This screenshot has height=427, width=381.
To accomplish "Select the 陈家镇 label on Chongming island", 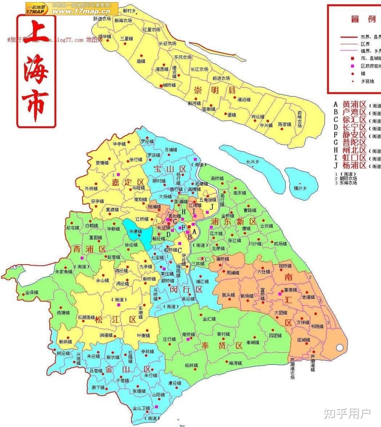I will pyautogui.click(x=284, y=125).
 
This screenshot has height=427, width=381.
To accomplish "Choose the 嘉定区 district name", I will pyautogui.click(x=122, y=182).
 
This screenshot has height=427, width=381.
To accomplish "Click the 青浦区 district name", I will pyautogui.click(x=89, y=249).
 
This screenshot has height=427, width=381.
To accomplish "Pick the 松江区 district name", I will pyautogui.click(x=116, y=319).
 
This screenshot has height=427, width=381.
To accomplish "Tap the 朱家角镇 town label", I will pyautogui.click(x=63, y=272).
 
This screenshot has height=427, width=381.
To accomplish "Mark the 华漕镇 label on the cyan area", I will pyautogui.click(x=135, y=232).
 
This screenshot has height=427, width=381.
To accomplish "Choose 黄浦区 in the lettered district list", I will pyautogui.click(x=354, y=104).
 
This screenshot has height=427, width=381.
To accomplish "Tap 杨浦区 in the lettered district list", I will pyautogui.click(x=354, y=166).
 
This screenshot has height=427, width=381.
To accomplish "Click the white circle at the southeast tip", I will pyautogui.click(x=340, y=347).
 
